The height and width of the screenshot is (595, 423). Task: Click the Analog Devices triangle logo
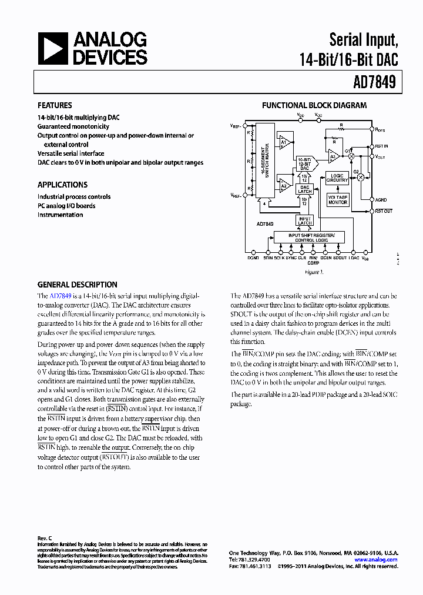53,48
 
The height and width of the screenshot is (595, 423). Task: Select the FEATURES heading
55,106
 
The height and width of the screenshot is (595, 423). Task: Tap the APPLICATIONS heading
62,185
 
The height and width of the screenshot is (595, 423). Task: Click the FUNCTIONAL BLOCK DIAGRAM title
314,106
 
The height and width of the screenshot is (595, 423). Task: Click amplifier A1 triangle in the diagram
284,143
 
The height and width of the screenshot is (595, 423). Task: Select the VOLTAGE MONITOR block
337,199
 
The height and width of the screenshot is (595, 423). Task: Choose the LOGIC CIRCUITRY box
337,178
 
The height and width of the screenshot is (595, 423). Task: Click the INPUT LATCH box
305,220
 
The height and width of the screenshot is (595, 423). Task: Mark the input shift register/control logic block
311,238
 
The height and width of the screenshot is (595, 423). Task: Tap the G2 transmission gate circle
361,177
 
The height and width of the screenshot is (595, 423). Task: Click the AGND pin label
381,200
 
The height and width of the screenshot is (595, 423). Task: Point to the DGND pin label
253,258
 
